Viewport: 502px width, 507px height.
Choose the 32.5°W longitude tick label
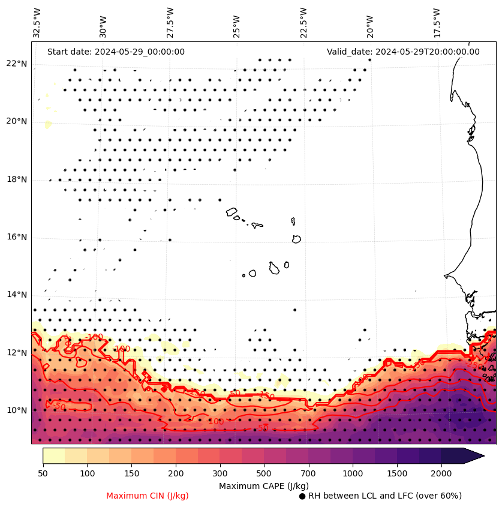coord(37,23)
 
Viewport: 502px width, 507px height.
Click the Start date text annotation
coord(116,52)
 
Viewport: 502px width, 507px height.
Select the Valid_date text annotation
coord(403,52)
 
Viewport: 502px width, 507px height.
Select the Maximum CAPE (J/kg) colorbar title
coord(263,485)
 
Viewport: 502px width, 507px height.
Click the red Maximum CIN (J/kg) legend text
coord(148,496)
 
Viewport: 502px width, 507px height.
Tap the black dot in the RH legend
coord(302,496)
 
